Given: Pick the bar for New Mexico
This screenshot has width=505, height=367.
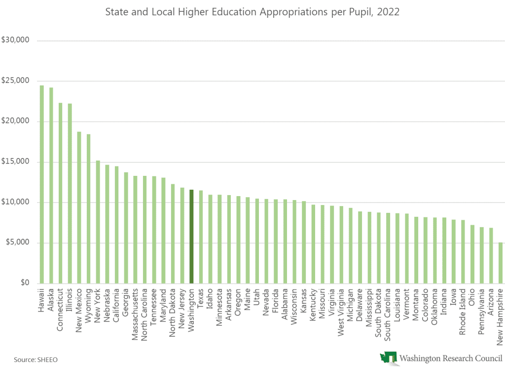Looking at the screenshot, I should [79, 207].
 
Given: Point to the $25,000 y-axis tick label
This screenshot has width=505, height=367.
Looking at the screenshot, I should [16, 81].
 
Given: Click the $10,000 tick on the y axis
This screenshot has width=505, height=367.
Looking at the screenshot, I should [16, 202].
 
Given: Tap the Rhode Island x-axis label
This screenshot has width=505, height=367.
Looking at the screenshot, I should [463, 309].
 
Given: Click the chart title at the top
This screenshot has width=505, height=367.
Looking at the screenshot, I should [252, 12].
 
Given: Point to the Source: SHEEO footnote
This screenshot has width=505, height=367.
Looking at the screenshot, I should [36, 360].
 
